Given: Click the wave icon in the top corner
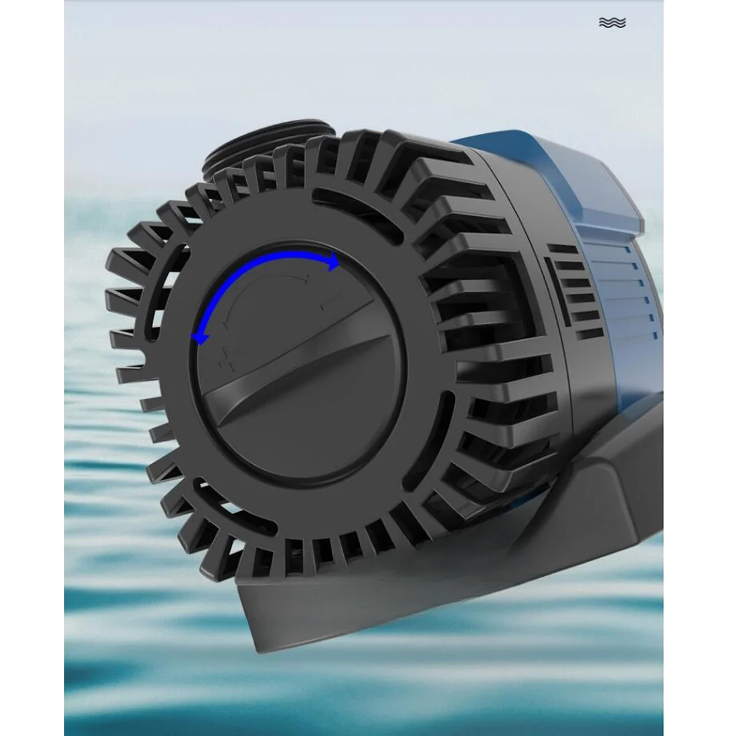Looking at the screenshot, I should [612, 23].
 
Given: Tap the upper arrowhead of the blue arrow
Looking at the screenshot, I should [333, 263].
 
